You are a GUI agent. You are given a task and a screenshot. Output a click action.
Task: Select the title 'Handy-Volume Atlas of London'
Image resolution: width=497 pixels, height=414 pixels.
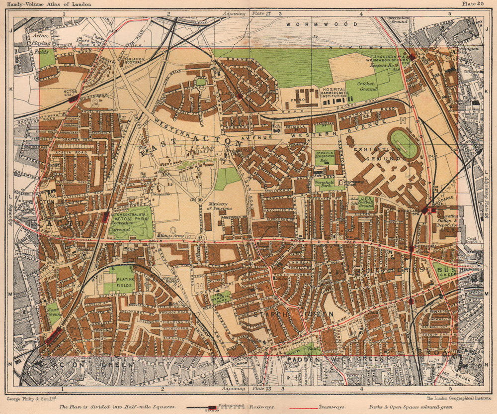(x=48, y=4)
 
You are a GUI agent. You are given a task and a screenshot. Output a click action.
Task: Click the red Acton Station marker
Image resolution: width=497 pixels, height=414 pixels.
(x=73, y=98)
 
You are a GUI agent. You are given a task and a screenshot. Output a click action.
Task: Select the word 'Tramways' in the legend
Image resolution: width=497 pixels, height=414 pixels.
(x=333, y=407)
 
